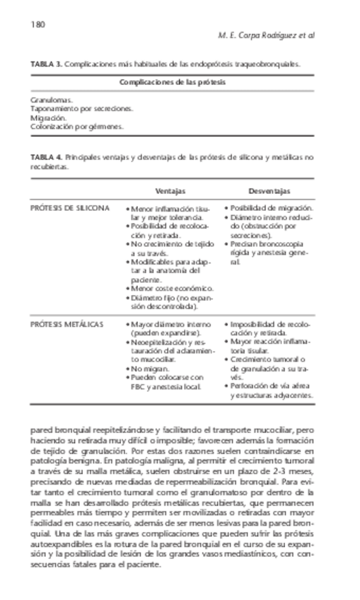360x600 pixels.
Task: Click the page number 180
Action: coord(37,25)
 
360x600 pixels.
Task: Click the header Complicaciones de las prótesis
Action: coord(173,82)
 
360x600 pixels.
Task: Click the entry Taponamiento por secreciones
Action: coord(81,110)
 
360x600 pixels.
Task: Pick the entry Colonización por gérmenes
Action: coord(77,127)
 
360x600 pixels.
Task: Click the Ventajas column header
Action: coord(170,191)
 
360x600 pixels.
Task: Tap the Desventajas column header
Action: coord(269,191)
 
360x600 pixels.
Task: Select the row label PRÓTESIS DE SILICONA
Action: coord(70,209)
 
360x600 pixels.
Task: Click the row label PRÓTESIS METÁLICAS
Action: coord(67,324)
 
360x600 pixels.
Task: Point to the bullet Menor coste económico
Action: coord(173,289)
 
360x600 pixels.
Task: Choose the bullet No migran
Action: coord(150,369)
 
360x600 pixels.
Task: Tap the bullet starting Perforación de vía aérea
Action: coord(270,387)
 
